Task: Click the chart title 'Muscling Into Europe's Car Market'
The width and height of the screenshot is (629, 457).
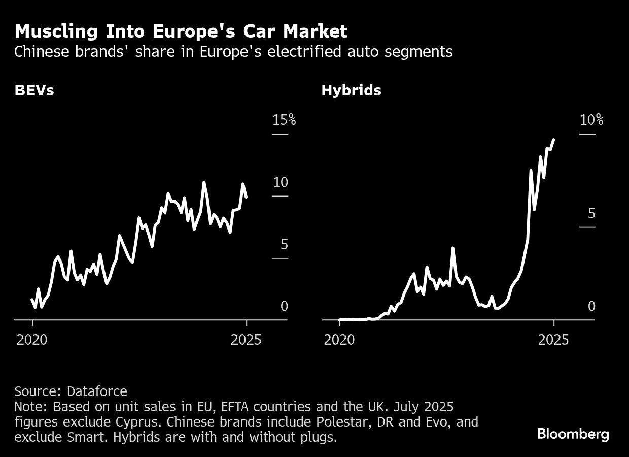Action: point(181,31)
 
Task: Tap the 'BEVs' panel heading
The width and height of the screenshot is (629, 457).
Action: point(34,91)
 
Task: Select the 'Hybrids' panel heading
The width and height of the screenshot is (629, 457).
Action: point(351,91)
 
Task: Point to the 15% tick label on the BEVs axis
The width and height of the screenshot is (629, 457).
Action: point(284,120)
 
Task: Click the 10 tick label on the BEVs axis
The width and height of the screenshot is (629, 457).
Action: point(280,183)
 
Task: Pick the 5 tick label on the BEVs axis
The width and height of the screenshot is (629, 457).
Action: point(284,245)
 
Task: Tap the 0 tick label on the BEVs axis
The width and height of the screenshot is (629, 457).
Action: point(284,306)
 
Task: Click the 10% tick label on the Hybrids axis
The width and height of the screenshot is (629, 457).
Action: point(591,120)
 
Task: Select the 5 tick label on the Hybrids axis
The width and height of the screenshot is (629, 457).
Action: point(591,214)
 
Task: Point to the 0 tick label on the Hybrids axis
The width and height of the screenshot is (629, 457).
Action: point(591,306)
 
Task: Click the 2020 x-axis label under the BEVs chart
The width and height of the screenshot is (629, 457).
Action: point(32,340)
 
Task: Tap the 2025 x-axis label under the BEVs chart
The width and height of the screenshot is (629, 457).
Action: point(246,340)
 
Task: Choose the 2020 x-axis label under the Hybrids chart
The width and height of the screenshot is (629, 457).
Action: point(339,340)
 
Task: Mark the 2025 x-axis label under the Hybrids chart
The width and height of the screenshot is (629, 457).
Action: point(553,340)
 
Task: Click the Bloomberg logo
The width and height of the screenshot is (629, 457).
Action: point(573,434)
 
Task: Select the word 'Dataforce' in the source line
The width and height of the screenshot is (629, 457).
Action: point(97,391)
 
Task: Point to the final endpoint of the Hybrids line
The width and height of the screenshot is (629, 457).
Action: point(553,140)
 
